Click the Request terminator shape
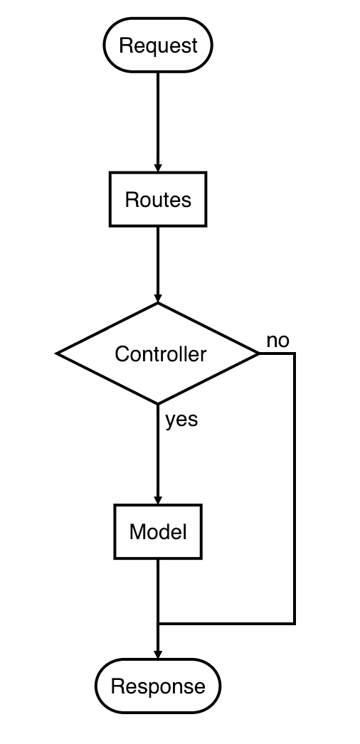[158, 46]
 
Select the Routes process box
[158, 199]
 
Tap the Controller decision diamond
[158, 354]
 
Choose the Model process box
[158, 531]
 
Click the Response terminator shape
[158, 686]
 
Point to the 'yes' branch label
[181, 420]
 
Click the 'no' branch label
[277, 341]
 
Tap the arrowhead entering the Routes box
[158, 166]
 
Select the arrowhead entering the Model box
[158, 499]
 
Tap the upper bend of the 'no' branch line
[294, 354]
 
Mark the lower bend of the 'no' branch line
[294, 623]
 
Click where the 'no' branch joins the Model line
[158, 623]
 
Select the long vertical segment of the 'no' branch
[294, 491]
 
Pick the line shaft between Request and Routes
[158, 117]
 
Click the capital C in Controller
[122, 354]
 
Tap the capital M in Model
[137, 532]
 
